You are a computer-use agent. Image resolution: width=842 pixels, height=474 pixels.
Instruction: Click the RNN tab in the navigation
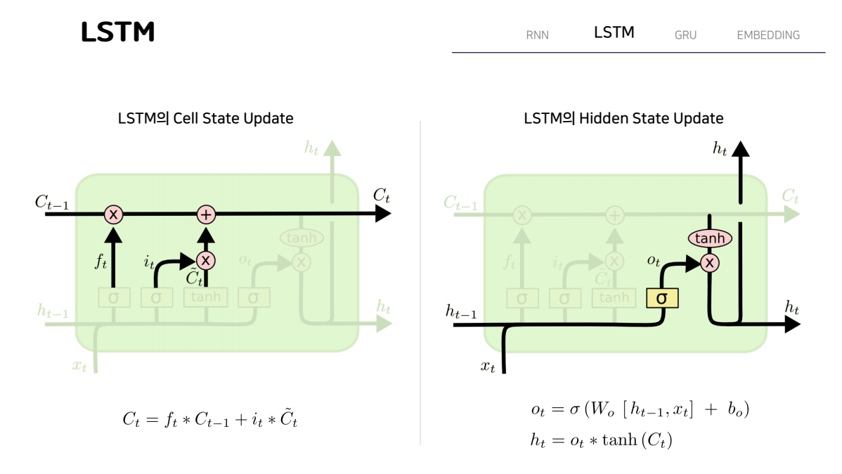point(537,35)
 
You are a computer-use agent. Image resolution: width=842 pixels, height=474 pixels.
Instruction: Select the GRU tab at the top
point(685,35)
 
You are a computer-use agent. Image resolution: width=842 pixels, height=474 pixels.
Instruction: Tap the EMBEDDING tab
point(768,35)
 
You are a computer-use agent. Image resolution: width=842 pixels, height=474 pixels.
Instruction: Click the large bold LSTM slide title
point(117,32)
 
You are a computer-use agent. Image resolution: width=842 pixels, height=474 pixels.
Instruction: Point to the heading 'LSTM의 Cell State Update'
point(205,118)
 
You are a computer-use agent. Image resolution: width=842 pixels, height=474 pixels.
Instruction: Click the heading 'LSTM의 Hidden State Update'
point(623,118)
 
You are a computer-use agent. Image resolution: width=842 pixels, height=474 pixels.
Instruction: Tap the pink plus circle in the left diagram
point(206,214)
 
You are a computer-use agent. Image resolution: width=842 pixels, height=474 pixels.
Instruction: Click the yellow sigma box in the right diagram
point(662,298)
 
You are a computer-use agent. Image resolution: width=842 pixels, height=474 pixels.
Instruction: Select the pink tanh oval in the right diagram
point(710,239)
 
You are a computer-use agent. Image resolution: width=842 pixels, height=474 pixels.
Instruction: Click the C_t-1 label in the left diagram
point(53,202)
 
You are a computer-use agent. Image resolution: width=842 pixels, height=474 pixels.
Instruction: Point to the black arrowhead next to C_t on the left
point(383,214)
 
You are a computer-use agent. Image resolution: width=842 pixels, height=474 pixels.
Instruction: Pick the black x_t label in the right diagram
point(487,366)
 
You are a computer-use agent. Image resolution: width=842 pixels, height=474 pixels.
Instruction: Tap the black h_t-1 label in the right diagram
point(461,311)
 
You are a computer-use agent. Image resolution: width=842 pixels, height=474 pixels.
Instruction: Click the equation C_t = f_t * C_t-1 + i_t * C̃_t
point(209,419)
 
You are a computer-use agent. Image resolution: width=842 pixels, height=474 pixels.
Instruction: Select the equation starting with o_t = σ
point(640,409)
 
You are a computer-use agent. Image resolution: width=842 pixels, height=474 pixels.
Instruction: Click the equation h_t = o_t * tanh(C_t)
point(602,440)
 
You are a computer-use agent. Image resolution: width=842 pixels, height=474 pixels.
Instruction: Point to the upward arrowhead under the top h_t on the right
point(740,148)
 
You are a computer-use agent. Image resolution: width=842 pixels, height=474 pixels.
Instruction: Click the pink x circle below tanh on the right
point(711,263)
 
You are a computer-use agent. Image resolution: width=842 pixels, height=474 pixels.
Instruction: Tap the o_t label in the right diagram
point(654,260)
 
